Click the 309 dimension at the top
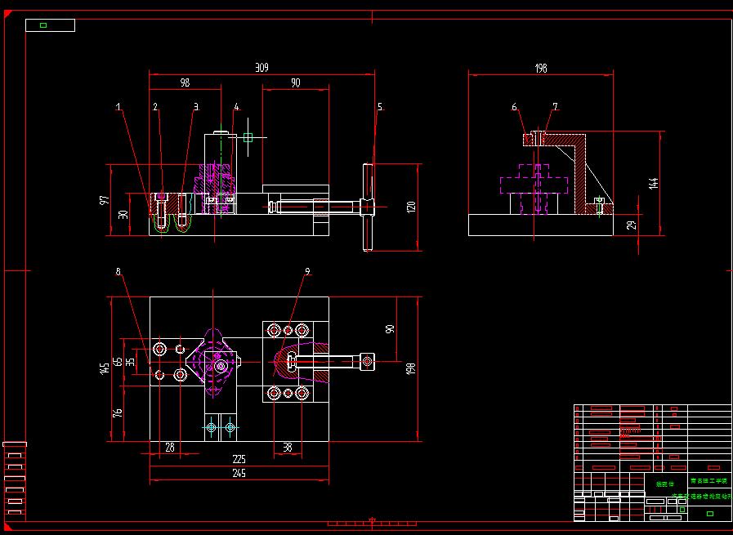coord(261,68)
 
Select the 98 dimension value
coord(185,82)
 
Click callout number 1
coord(118,107)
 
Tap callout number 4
coord(236,107)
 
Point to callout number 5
coord(380,107)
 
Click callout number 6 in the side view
coord(514,107)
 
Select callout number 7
coord(555,107)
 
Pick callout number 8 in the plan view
coord(118,271)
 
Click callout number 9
coord(307,271)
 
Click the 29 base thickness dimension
coord(631,225)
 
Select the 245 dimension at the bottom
coord(239,473)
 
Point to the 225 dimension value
coord(239,459)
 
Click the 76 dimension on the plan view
coord(118,413)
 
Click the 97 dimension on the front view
coord(104,200)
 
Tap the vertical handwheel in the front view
coord(368,206)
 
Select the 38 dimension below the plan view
coord(288,447)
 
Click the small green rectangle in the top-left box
coord(43,25)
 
